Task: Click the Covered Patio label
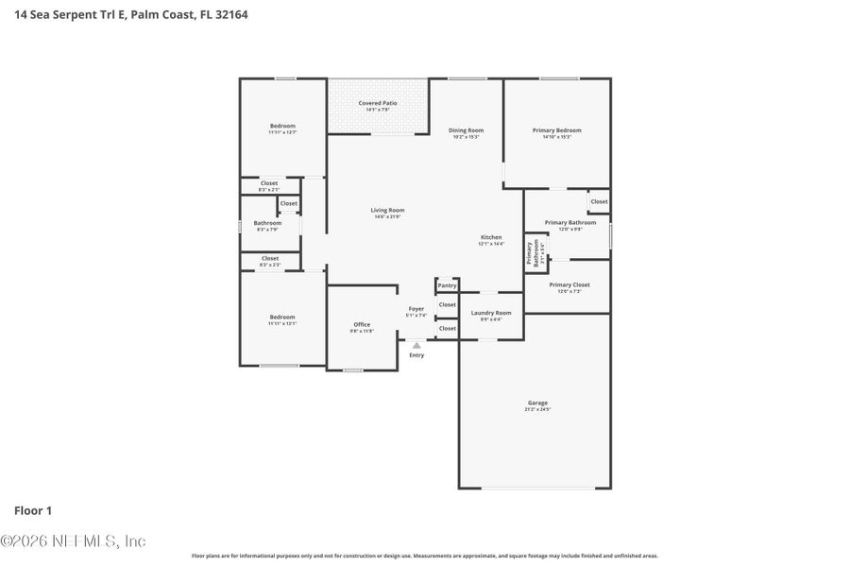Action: pyautogui.click(x=378, y=103)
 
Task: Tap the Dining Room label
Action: pyautogui.click(x=466, y=130)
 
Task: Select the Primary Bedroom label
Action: pyautogui.click(x=556, y=130)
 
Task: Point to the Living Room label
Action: pyautogui.click(x=388, y=210)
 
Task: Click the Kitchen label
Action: pyautogui.click(x=490, y=237)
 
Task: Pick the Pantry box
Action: pyautogui.click(x=447, y=285)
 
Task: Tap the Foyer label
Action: pyautogui.click(x=416, y=308)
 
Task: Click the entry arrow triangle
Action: pyautogui.click(x=416, y=346)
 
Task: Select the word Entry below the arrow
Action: pyautogui.click(x=416, y=355)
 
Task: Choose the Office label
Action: pyautogui.click(x=362, y=324)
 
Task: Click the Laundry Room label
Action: pyautogui.click(x=491, y=313)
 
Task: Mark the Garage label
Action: pyautogui.click(x=537, y=403)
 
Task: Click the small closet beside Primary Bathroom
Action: pyautogui.click(x=599, y=201)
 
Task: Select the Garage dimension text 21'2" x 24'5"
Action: pyautogui.click(x=537, y=409)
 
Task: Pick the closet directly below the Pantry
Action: pyautogui.click(x=447, y=305)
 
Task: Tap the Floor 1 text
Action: pyautogui.click(x=33, y=510)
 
